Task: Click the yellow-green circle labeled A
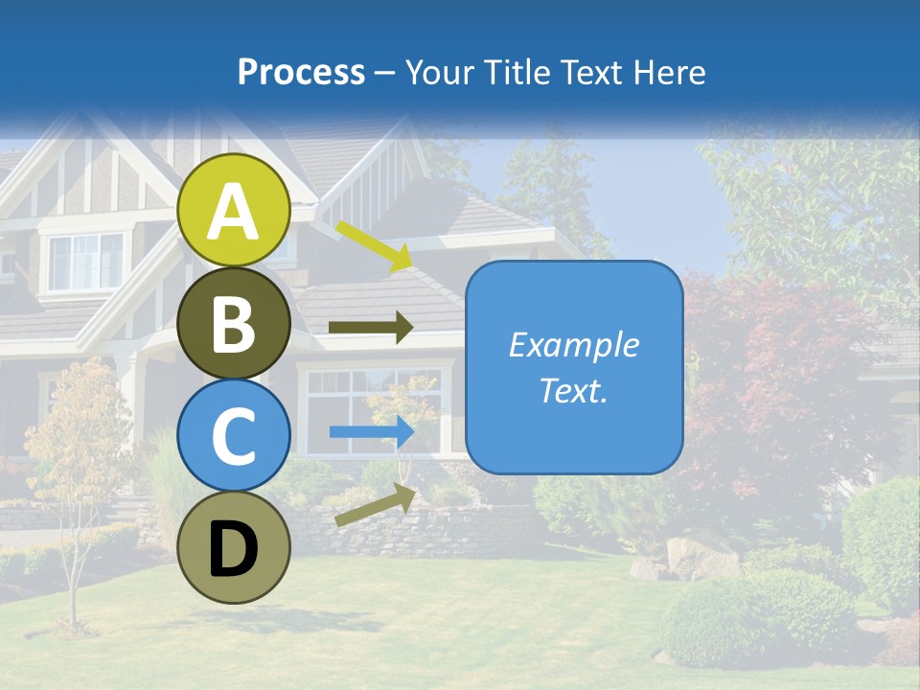coord(234,211)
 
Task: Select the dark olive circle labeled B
coord(234,323)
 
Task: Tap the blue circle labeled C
coord(234,435)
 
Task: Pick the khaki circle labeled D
coord(234,547)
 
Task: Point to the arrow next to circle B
coord(371,328)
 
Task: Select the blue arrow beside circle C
coord(371,432)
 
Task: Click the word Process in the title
coord(301,72)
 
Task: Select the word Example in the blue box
coord(574,345)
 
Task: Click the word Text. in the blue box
coord(574,390)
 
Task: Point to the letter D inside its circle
coord(234,550)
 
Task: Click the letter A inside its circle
coord(234,212)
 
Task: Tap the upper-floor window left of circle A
coord(86,261)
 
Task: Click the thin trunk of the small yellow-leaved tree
coord(73,575)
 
